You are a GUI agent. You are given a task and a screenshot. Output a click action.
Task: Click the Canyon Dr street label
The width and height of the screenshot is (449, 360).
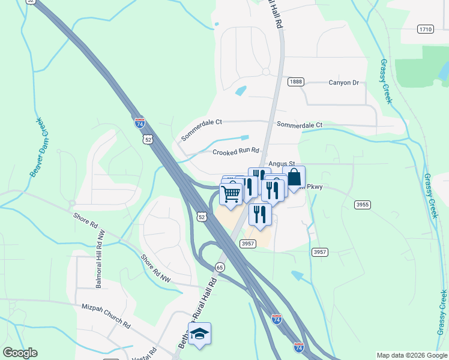pyautogui.click(x=343, y=83)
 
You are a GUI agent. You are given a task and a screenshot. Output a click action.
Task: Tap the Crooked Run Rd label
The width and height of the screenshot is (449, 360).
pyautogui.click(x=235, y=152)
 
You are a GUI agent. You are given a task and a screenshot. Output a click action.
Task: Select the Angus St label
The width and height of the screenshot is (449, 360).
pyautogui.click(x=282, y=163)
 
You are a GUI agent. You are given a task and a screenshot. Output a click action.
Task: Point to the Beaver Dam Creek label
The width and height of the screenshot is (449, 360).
pyautogui.click(x=36, y=148)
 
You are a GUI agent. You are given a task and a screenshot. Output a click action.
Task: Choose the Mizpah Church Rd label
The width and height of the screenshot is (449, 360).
pyautogui.click(x=106, y=316)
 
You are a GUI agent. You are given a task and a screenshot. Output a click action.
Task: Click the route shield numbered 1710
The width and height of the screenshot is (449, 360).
pyautogui.click(x=426, y=29)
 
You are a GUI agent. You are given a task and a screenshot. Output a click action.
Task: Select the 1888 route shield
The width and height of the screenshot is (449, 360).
pyautogui.click(x=295, y=82)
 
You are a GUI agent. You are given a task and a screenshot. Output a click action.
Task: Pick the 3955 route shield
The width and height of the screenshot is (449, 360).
pyautogui.click(x=362, y=205)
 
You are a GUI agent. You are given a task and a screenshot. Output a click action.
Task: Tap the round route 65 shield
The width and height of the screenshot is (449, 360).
pyautogui.click(x=220, y=267)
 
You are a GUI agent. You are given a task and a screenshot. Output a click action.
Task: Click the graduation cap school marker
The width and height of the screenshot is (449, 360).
pyautogui.click(x=200, y=334)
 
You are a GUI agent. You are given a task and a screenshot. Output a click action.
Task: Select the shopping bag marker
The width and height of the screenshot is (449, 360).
pyautogui.click(x=294, y=178)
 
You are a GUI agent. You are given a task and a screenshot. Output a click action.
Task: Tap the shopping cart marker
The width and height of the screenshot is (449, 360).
pyautogui.click(x=231, y=194)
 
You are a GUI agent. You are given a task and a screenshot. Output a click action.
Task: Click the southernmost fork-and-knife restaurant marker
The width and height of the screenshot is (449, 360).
pyautogui.click(x=260, y=214)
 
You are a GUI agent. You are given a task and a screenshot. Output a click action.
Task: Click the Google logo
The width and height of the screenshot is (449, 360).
pyautogui.click(x=20, y=353)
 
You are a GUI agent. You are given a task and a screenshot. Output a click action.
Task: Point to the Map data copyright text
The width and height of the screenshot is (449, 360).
pyautogui.click(x=411, y=355)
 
